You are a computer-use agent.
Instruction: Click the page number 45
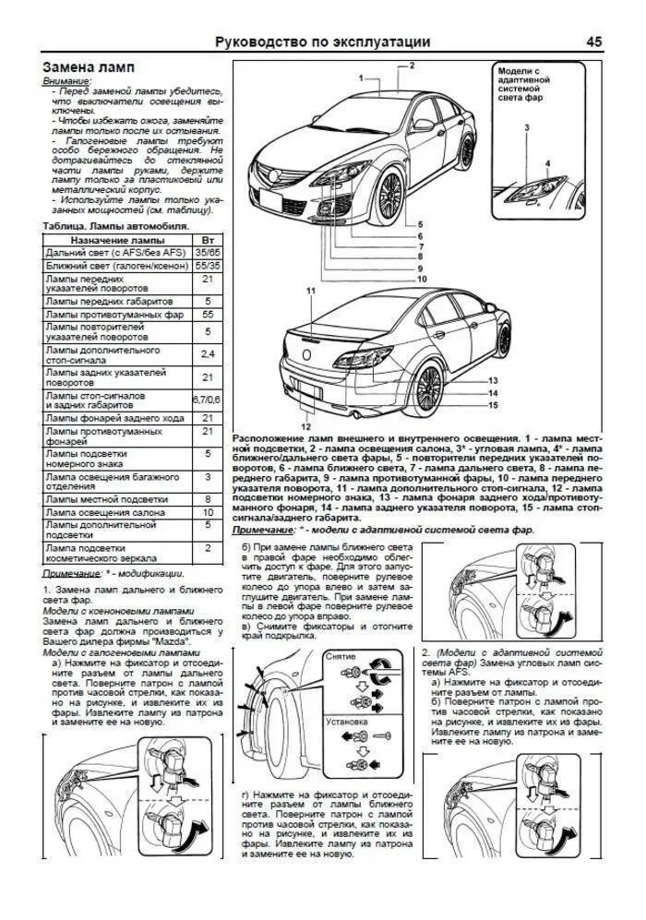click(x=594, y=42)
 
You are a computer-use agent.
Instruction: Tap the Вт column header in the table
click(x=208, y=239)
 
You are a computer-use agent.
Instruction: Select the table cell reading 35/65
click(x=208, y=252)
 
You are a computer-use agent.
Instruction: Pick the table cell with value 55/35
click(x=208, y=265)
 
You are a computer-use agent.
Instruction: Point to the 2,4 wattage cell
click(x=208, y=354)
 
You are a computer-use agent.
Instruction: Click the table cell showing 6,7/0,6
click(x=208, y=399)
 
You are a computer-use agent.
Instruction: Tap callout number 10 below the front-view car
click(x=421, y=278)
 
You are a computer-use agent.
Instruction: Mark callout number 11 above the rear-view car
click(x=311, y=291)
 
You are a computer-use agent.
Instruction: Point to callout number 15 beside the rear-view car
click(x=493, y=405)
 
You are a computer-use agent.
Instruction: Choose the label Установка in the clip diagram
click(x=347, y=722)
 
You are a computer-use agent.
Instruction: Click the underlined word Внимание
click(x=66, y=81)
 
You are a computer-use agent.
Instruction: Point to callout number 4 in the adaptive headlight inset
click(x=546, y=163)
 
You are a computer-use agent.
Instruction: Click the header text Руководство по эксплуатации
click(x=322, y=42)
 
